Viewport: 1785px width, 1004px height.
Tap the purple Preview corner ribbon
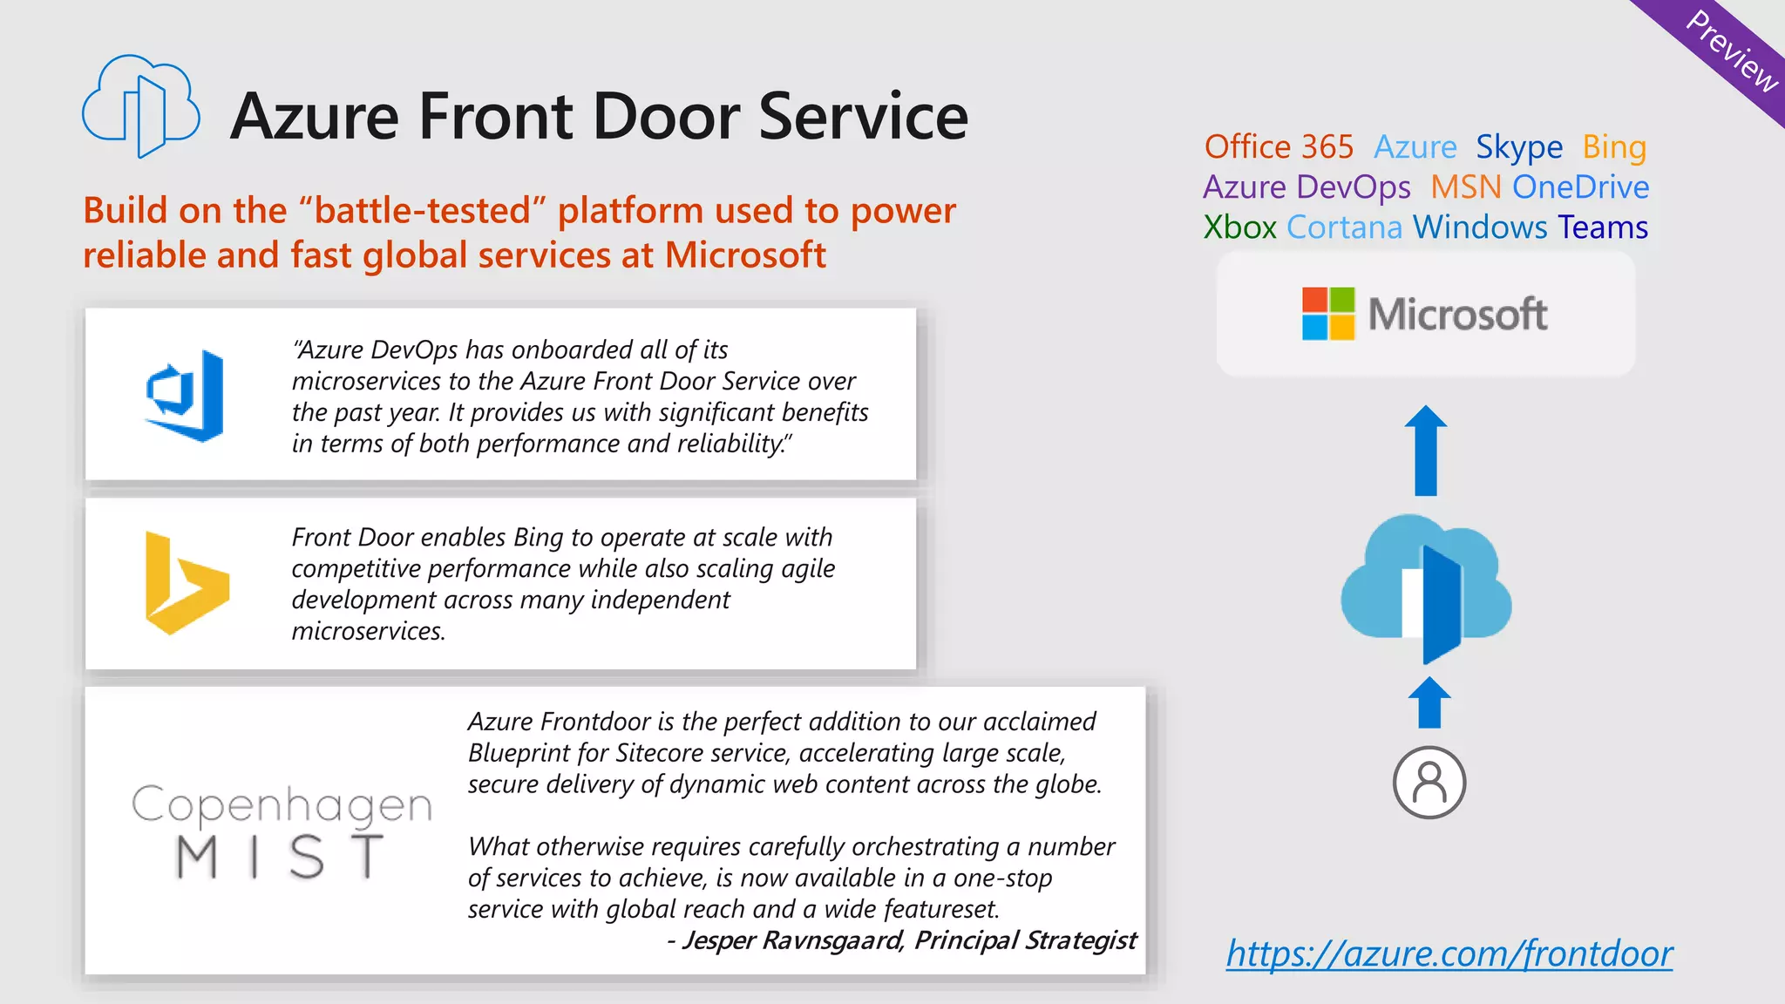1730,50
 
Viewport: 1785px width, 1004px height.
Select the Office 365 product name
1279,147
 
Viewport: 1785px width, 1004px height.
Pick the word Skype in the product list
1518,147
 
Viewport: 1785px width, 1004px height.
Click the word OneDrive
1580,187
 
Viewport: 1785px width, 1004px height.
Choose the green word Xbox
1239,227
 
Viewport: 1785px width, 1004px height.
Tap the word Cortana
1344,227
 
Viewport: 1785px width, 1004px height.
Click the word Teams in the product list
1603,227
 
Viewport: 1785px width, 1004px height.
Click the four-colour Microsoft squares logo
1328,314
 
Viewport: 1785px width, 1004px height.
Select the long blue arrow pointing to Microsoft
1426,451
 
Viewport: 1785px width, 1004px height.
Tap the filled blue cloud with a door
1426,587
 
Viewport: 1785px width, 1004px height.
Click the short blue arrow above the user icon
1429,702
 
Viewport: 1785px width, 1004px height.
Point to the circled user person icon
1429,782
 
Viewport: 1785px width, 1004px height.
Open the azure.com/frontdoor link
1449,953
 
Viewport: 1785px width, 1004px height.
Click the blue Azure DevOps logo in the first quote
185,396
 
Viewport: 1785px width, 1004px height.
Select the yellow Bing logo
186,583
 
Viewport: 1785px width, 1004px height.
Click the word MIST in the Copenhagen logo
280,857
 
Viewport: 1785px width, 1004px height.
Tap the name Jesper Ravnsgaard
792,940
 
